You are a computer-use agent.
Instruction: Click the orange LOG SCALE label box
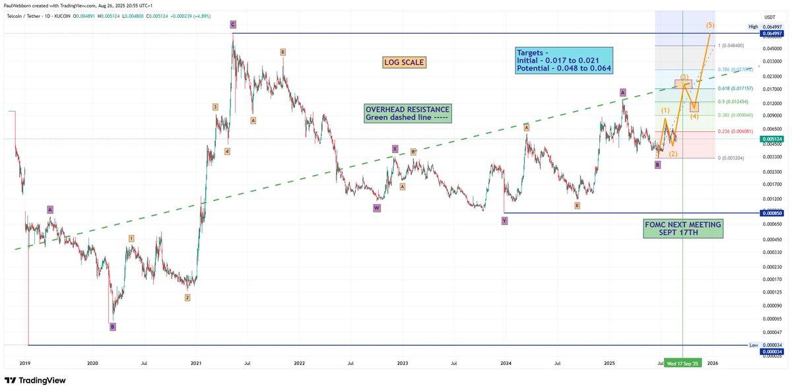pos(404,63)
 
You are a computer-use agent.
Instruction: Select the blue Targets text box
pos(564,60)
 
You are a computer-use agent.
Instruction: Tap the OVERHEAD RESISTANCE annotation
pos(407,114)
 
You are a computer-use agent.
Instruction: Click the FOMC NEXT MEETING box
pos(683,229)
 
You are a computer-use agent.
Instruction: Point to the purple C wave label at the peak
pos(233,24)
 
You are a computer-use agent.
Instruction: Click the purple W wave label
pos(377,207)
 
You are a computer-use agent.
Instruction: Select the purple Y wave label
pos(504,221)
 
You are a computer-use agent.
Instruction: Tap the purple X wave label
pos(395,148)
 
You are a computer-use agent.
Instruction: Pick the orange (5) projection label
pos(709,25)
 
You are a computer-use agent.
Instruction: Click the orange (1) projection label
pos(665,110)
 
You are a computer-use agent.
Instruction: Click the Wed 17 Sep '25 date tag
pos(682,363)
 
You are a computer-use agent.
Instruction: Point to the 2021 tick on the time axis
pos(196,363)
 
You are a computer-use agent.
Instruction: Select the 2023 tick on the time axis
pos(403,363)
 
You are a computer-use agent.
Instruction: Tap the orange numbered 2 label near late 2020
pos(187,298)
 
